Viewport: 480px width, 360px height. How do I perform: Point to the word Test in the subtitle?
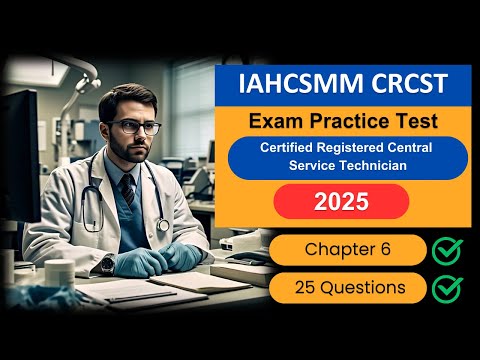[412, 121]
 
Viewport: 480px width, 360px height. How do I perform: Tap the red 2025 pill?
[341, 201]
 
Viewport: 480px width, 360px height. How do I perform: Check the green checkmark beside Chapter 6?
[447, 249]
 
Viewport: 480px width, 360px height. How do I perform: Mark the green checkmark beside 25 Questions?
[447, 288]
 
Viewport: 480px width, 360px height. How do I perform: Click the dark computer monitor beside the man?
[17, 150]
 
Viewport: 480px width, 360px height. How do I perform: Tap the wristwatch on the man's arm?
[107, 264]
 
